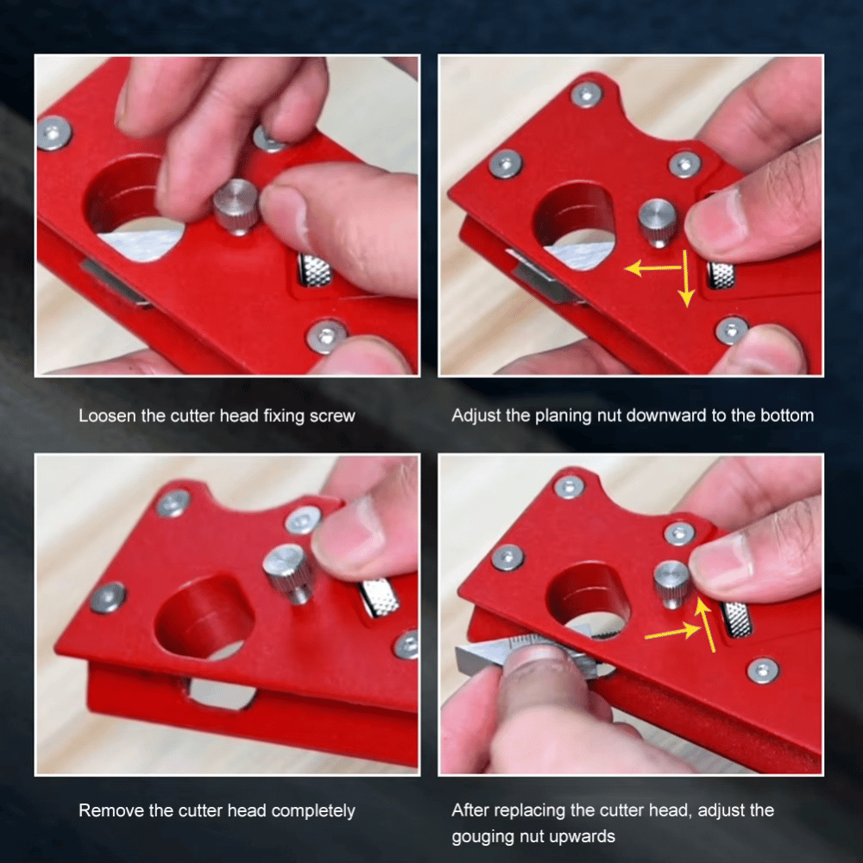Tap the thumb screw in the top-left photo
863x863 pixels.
[236, 205]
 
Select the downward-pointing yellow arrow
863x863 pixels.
[686, 280]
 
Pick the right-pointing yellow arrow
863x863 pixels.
[672, 633]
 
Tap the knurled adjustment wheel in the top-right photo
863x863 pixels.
[721, 274]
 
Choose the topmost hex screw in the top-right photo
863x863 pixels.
[587, 93]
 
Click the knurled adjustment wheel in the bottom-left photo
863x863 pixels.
[379, 597]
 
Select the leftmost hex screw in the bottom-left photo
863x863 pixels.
[108, 597]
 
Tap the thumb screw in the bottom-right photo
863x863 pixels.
[671, 583]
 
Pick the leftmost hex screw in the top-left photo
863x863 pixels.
[54, 133]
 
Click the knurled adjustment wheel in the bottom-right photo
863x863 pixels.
[736, 619]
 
